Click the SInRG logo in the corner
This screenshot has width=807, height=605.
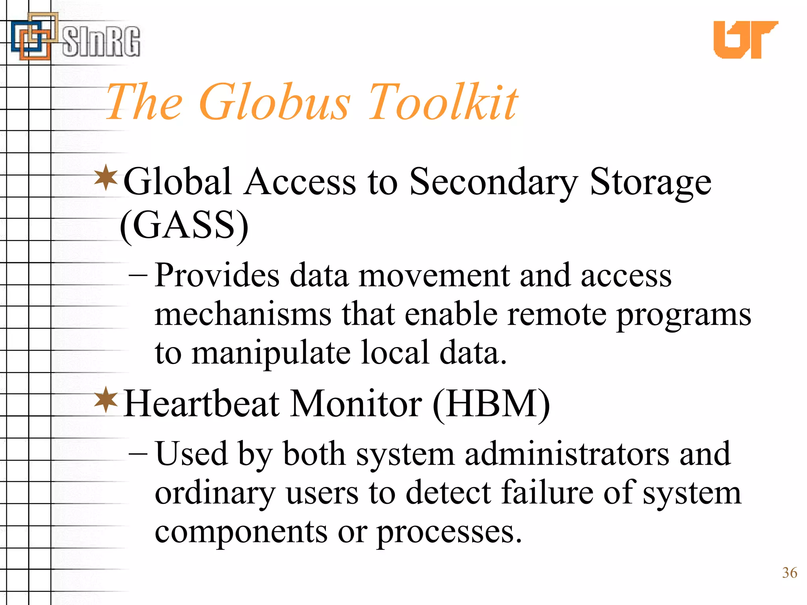point(75,37)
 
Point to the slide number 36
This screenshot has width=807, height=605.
point(789,573)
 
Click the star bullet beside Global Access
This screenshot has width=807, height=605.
point(106,178)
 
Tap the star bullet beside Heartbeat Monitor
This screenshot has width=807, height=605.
point(106,400)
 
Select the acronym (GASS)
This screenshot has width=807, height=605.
point(184,225)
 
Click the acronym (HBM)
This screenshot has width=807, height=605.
point(491,404)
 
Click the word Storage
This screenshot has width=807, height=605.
point(650,182)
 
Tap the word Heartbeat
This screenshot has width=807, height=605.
point(201,404)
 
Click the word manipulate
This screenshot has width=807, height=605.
point(271,353)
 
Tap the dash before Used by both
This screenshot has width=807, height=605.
point(138,454)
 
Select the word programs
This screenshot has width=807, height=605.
point(684,315)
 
